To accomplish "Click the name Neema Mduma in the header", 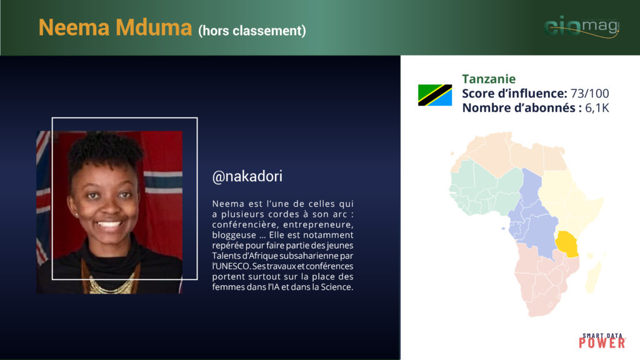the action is coord(115,27).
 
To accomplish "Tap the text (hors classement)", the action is coord(252,31).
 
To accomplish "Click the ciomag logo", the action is coord(582,26).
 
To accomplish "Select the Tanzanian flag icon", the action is coord(435,95).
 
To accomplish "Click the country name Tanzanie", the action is coord(489,79).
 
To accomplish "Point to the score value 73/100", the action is coord(590,94).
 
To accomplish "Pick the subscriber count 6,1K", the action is coord(597,107).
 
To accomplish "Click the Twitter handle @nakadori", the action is coord(247,176).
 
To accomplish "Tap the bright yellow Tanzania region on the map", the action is coord(567,244).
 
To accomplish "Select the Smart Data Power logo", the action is coord(602,341).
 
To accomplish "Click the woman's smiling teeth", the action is coord(109,224).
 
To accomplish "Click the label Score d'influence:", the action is coord(514,94).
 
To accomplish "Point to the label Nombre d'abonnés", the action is coord(519,107).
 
